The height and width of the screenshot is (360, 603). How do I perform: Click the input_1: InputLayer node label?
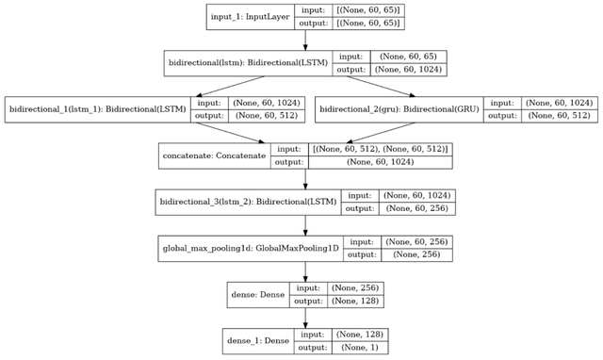[250, 18]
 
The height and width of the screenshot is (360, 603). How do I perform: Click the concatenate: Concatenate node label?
[213, 156]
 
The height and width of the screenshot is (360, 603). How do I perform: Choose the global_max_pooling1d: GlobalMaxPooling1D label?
[246, 249]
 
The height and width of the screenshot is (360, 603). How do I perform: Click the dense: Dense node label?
[257, 295]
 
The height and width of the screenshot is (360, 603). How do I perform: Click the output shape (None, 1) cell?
[356, 348]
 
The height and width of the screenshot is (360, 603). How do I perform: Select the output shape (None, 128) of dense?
[356, 302]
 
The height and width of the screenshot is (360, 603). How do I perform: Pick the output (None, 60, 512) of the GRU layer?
[558, 117]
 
